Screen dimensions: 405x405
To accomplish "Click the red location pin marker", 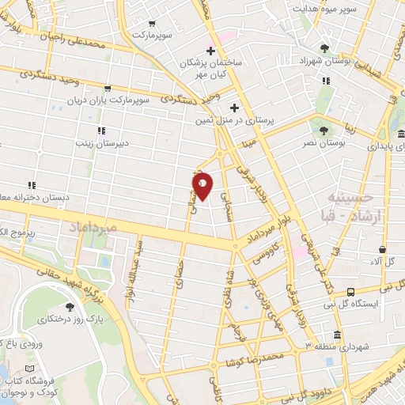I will (202, 185).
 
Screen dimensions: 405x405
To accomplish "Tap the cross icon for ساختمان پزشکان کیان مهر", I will (210, 51).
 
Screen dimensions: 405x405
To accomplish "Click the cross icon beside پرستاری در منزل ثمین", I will (234, 108).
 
